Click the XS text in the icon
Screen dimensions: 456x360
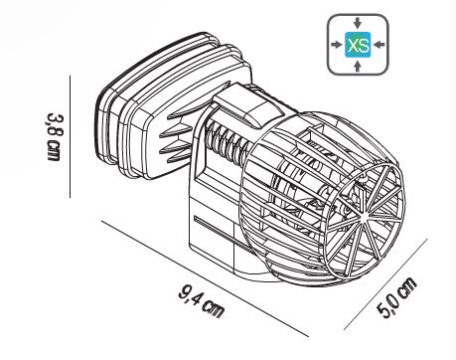coord(358,46)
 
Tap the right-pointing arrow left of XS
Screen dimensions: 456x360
coord(336,46)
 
